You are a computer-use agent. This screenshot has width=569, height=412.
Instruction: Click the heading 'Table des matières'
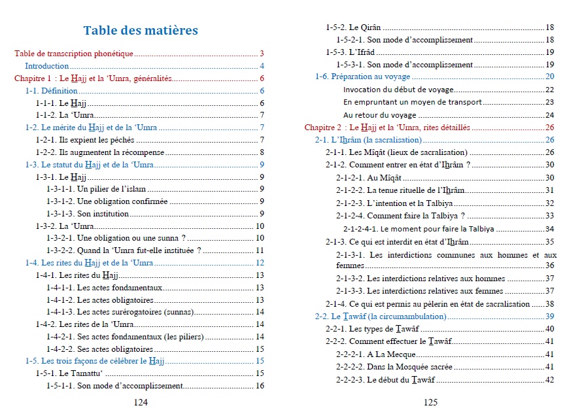point(141,30)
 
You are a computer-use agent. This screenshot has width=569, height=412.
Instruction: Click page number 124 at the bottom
point(141,403)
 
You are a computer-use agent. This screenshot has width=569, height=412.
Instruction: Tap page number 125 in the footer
point(430,403)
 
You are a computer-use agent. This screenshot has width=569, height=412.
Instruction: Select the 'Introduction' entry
point(46,66)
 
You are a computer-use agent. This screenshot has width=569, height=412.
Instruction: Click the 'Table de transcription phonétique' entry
point(74,54)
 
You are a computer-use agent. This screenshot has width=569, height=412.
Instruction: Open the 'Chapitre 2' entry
point(387,128)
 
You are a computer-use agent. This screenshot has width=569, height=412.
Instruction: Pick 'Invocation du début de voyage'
point(398,90)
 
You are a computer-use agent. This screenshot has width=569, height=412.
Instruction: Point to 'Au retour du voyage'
point(379,114)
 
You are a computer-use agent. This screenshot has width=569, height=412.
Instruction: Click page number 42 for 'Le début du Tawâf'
point(549,380)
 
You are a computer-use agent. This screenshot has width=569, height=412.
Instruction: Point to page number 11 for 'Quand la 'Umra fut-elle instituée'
point(260,250)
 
